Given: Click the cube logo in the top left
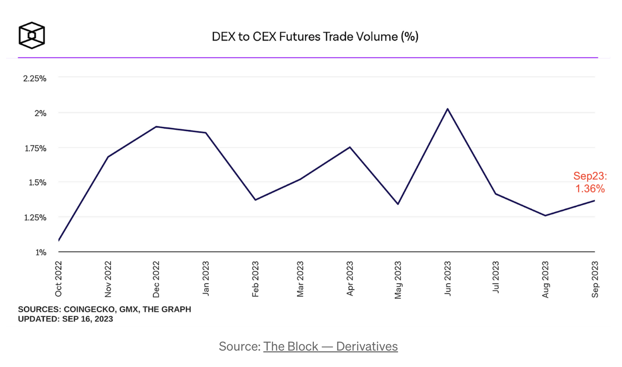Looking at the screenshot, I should click(x=32, y=35).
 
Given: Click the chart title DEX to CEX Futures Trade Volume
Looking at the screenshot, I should click(x=315, y=37).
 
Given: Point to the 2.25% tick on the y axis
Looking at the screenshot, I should click(x=35, y=78).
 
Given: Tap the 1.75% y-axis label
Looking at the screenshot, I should click(x=36, y=148).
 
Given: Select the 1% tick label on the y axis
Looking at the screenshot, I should click(x=41, y=253).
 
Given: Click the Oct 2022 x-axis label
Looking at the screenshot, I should click(x=59, y=279).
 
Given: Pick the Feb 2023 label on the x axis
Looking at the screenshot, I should click(x=255, y=279).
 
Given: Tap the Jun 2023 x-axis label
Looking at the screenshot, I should click(x=448, y=279).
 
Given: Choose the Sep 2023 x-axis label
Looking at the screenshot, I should click(x=595, y=279).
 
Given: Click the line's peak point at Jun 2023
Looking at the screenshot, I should click(x=448, y=109).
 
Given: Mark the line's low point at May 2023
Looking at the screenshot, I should click(x=398, y=204).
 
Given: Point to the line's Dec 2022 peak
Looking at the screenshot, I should click(x=156, y=126).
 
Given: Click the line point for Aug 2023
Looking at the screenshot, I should click(x=545, y=216).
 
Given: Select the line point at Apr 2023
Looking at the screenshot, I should click(x=350, y=147).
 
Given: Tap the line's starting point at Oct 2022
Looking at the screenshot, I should click(x=59, y=241).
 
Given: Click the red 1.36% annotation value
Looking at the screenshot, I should click(x=590, y=188).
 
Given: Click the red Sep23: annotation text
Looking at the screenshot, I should click(x=590, y=176).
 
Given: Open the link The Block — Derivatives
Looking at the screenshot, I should click(x=330, y=346).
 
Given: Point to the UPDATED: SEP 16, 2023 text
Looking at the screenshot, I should click(x=65, y=319).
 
